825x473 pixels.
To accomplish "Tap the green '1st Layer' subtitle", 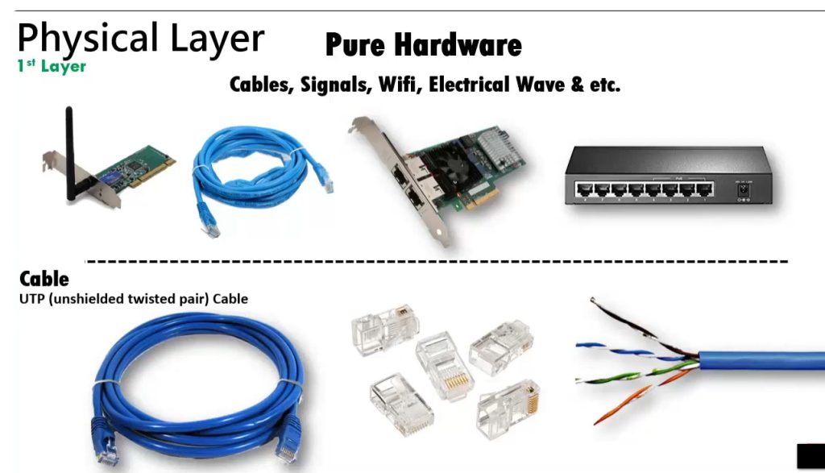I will (52, 66).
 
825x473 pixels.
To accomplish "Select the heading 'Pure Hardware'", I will (423, 45).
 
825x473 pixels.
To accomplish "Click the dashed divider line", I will (436, 262).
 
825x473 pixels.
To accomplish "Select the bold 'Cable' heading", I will (44, 279).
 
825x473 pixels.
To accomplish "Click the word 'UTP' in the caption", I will (33, 299).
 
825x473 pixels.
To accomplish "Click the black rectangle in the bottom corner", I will (810, 457).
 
